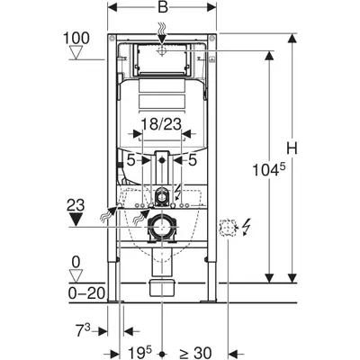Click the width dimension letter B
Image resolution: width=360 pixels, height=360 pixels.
[x=163, y=7]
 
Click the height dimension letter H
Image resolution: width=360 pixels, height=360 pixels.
[x=292, y=148]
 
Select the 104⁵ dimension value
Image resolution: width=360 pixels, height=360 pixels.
[x=268, y=170]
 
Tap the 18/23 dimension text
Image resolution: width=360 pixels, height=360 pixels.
[x=161, y=124]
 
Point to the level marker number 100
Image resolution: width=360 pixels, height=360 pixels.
[x=76, y=39]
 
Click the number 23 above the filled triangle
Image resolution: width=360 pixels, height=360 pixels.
[x=76, y=206]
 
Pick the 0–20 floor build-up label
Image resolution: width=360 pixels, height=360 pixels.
[x=86, y=293]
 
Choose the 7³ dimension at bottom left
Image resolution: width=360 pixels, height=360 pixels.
[x=83, y=330]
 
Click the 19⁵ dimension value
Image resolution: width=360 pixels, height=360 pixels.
[x=140, y=352]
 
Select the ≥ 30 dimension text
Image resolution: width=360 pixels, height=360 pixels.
[x=195, y=353]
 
